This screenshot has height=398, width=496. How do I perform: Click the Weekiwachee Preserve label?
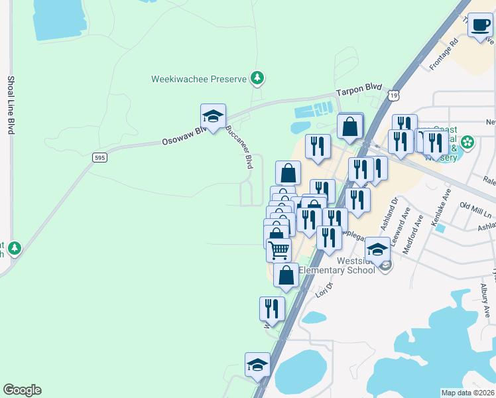pos(199,79)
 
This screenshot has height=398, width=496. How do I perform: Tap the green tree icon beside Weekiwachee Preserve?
pos(257,79)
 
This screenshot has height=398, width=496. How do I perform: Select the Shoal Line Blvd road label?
pos(11,105)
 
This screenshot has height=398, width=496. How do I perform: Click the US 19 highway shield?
pos(395,96)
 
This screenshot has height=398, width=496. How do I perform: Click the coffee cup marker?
pos(480,26)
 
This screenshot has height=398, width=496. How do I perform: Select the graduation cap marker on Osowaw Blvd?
pos(214,116)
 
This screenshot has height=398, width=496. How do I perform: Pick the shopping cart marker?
pos(279,250)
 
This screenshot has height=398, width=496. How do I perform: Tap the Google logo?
pos(22,390)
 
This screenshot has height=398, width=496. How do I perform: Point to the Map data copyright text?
pos(468,393)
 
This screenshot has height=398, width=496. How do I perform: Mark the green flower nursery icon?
pos(467,142)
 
